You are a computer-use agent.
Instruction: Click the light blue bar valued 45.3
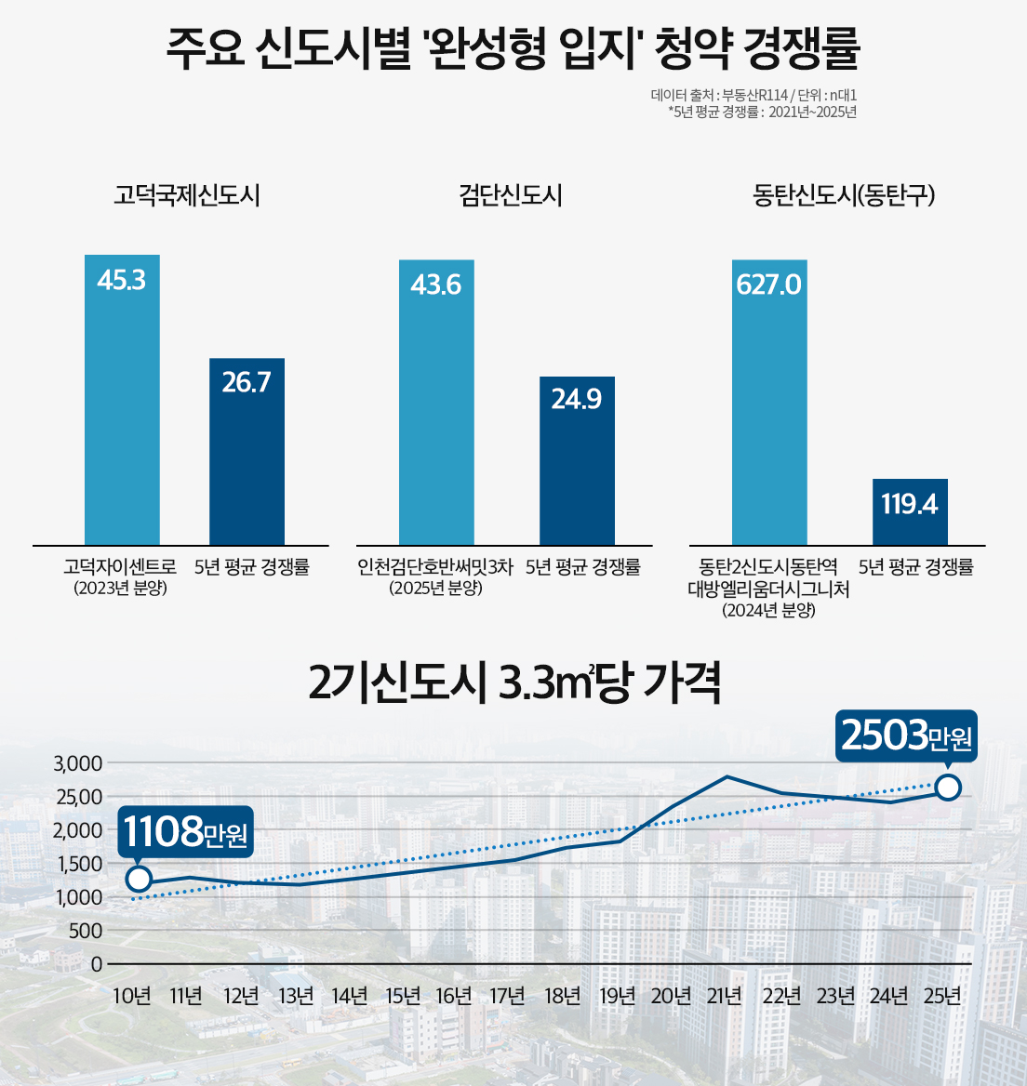coord(122,400)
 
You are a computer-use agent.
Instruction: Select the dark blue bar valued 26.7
coord(247,451)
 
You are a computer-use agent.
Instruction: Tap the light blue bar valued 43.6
coord(436,402)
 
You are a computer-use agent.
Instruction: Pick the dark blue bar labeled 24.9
coord(577,460)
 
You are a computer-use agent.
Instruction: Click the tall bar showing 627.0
coord(769,402)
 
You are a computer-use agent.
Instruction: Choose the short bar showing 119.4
coord(910,511)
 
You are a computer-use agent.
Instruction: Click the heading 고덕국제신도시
coord(186,195)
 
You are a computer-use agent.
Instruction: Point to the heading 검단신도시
coord(511,195)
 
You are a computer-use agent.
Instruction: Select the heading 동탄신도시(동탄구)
coord(844,195)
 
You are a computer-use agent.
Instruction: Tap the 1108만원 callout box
coord(185,831)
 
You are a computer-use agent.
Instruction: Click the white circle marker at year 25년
coord(948,788)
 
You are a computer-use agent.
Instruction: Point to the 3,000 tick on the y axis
coord(78,763)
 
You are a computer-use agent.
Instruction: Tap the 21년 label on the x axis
coord(725,996)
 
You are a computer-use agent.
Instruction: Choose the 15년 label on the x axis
coord(403,996)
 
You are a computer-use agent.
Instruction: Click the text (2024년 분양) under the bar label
coord(768,610)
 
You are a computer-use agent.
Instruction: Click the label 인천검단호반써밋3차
coord(435,567)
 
